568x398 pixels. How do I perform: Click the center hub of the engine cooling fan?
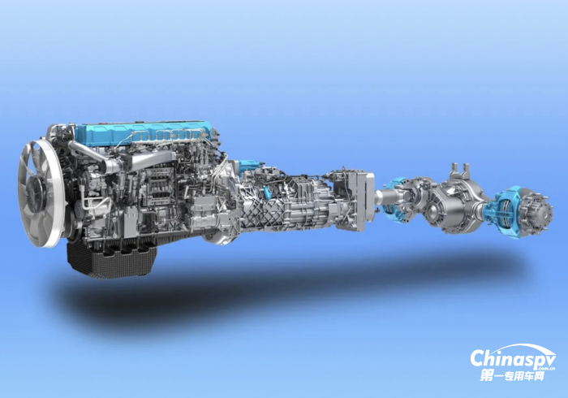37,193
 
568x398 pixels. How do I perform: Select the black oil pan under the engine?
111,259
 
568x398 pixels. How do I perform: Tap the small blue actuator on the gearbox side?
267,192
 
